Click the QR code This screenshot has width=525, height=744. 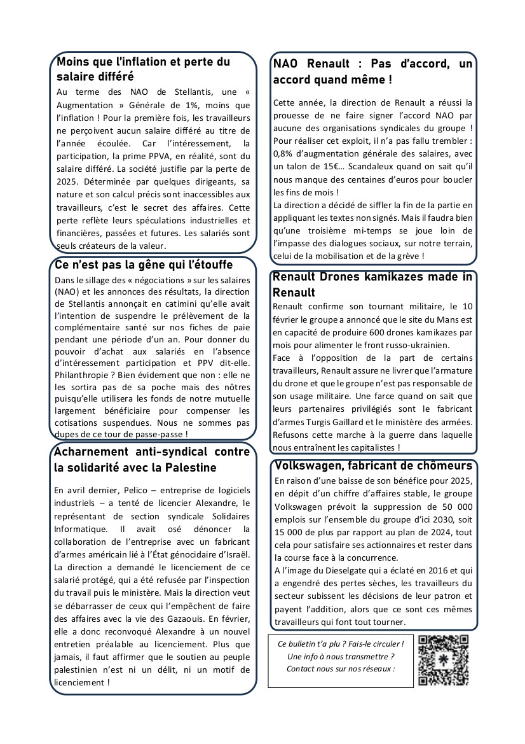click(444, 661)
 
